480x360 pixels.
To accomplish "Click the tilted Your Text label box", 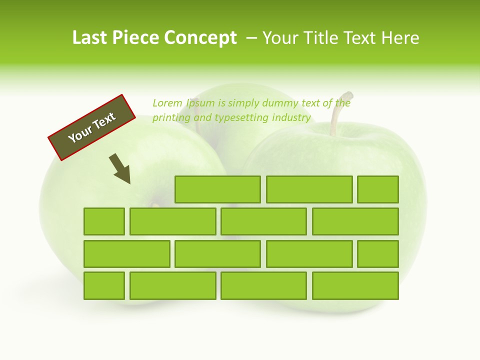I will (92, 127).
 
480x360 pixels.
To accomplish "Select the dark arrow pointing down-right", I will (120, 169).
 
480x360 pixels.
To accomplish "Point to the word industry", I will (291, 118).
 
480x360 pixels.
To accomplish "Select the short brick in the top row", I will (377, 189).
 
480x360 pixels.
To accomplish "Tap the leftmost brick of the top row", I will (217, 189).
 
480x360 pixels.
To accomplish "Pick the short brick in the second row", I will (104, 221).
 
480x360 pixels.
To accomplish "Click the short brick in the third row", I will (377, 253).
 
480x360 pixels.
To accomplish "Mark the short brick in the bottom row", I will (104, 285).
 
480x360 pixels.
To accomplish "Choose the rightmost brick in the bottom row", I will (355, 285).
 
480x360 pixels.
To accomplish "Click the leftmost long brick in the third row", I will (126, 253).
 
